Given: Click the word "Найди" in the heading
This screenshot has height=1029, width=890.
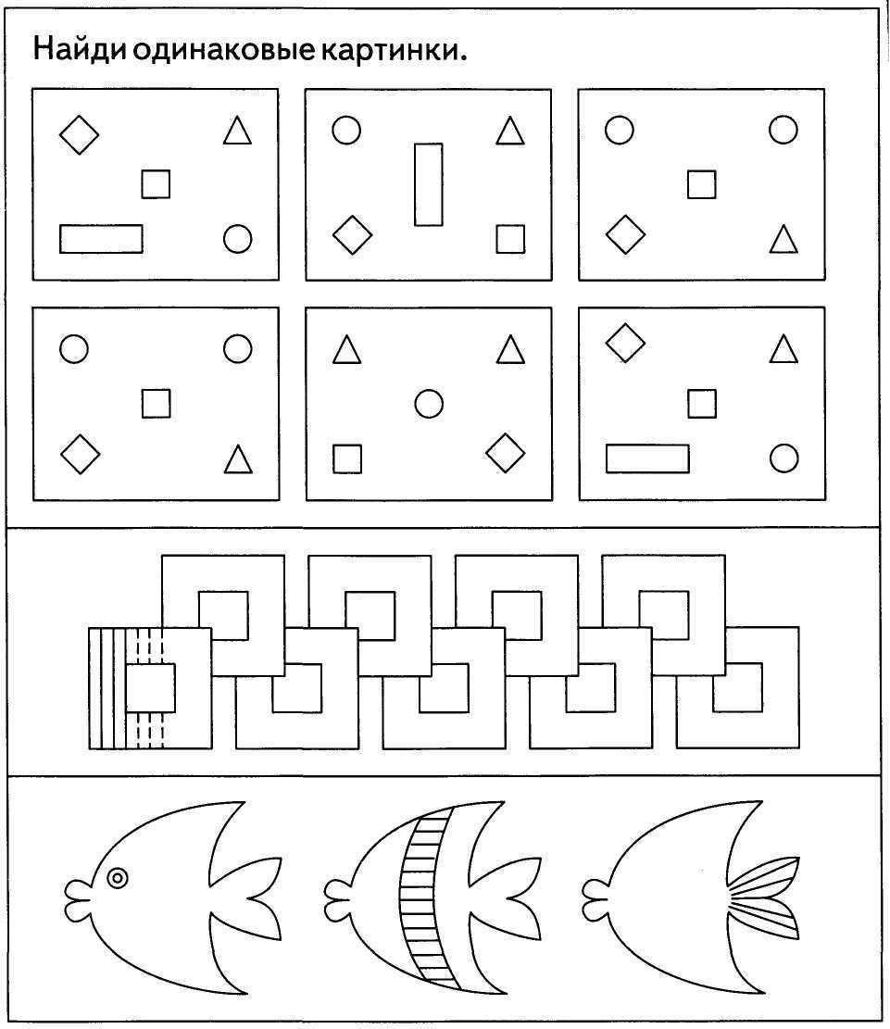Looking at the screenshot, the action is pos(79,48).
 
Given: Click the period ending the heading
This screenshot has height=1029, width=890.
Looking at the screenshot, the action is pos(463,57).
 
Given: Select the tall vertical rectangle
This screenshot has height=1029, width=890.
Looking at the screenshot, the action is pos(428,184).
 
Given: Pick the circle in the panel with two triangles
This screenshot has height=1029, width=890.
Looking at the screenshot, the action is pos(429,404).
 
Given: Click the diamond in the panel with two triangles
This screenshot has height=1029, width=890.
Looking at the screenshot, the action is pos(506,452).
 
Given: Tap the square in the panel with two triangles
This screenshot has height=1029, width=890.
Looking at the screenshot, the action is pos(347,458).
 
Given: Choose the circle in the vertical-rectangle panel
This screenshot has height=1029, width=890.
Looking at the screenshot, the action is pos(346,130).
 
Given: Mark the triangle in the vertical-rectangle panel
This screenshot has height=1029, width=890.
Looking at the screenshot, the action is pos(510,131).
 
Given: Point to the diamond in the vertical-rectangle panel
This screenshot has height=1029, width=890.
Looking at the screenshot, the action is pos(353,235).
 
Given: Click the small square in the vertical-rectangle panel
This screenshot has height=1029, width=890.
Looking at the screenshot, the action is pos(510,239).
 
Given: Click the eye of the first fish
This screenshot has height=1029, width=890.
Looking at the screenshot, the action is pos(118,877).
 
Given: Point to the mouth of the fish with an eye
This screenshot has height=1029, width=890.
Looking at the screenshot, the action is pos(79,891).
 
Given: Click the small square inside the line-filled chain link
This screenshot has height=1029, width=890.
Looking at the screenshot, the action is pos(150,688).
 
